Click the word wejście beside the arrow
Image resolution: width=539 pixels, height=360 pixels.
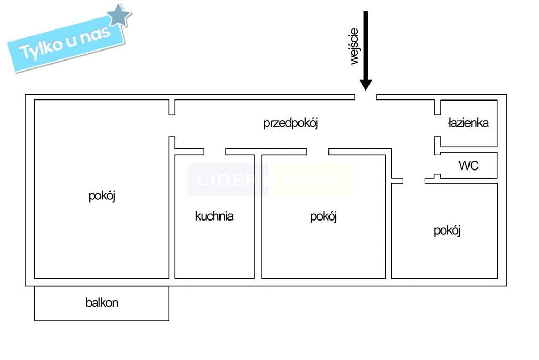click(x=354, y=46)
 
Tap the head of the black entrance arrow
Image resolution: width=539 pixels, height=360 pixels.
click(x=366, y=85)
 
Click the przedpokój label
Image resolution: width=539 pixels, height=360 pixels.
click(x=291, y=124)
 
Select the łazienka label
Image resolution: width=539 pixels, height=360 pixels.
click(x=468, y=123)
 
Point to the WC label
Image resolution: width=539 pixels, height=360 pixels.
click(x=468, y=166)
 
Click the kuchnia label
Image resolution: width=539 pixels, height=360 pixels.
click(x=214, y=216)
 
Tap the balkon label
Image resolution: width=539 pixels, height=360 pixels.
click(x=102, y=303)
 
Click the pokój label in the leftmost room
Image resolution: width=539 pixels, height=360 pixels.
click(x=102, y=196)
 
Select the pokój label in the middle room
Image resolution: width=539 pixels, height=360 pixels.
click(x=323, y=216)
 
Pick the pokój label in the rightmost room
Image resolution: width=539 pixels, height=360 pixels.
click(x=447, y=231)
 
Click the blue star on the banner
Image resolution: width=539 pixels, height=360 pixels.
click(x=119, y=16)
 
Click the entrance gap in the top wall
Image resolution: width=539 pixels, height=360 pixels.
click(x=366, y=97)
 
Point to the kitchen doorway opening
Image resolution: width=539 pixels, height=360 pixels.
click(x=215, y=152)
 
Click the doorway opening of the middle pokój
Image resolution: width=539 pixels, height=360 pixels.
click(x=318, y=152)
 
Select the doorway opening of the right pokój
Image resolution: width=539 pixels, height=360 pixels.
click(x=414, y=180)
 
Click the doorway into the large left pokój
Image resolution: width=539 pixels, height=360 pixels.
click(x=172, y=126)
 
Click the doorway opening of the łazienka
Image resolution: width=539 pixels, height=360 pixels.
click(x=437, y=126)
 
